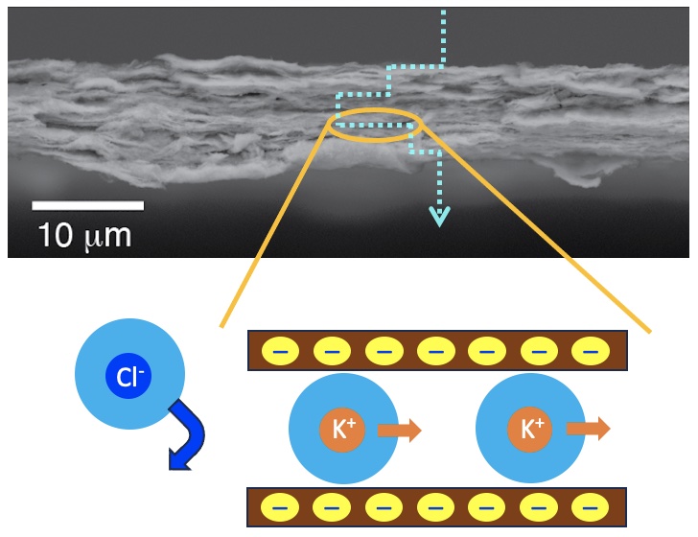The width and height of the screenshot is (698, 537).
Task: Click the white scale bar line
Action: click(87, 204)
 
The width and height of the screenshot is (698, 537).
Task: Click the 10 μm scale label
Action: click(84, 234)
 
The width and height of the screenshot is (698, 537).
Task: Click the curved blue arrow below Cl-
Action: click(186, 437)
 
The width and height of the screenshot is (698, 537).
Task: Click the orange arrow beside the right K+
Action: click(588, 429)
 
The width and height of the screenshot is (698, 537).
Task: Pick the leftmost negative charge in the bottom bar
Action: click(280, 504)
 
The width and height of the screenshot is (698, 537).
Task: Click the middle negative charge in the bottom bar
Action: click(435, 504)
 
